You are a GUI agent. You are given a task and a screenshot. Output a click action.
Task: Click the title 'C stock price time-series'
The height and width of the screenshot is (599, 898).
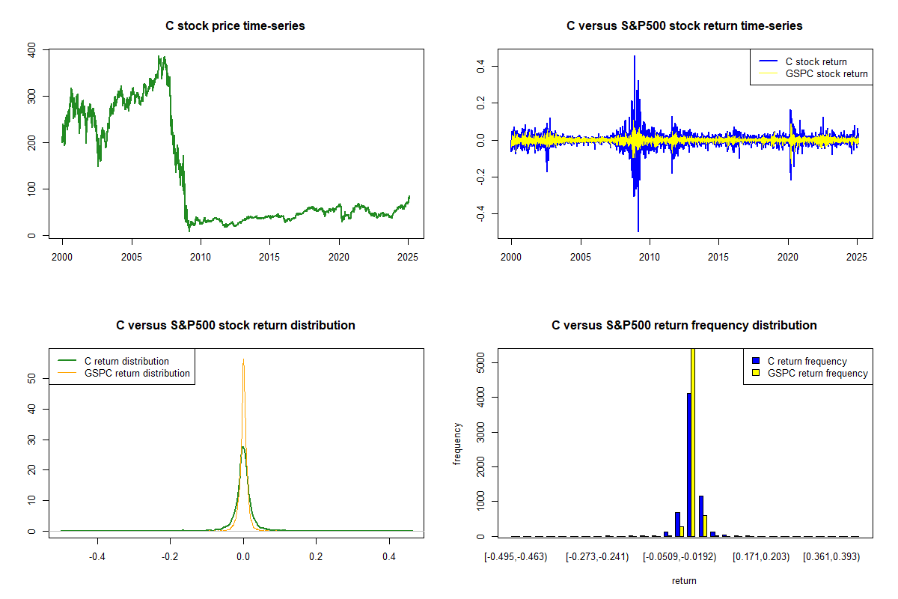pos(235,26)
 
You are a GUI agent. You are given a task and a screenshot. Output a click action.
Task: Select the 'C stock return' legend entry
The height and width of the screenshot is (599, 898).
pos(815,61)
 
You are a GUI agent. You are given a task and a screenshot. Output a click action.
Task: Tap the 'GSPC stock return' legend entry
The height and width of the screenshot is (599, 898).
pos(826,73)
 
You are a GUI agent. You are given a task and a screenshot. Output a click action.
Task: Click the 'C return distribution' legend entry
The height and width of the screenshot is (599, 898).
pos(126,361)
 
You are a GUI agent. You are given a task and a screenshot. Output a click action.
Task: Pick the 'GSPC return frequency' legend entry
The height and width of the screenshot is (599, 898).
pos(817,373)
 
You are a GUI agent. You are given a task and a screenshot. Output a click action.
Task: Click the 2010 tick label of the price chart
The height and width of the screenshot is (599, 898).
pos(201,255)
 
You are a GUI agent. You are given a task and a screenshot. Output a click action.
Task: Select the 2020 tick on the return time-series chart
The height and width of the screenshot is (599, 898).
pos(788,255)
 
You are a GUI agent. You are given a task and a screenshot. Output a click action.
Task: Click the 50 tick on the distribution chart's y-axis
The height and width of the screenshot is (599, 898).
pos(31,379)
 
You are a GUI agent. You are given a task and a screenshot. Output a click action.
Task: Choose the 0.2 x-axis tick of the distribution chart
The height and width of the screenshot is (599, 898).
pos(316,556)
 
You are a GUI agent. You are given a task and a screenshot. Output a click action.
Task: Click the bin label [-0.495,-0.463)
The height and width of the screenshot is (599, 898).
pos(516,556)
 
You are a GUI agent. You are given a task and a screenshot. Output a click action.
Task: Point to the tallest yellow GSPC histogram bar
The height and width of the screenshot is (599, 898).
pos(693,442)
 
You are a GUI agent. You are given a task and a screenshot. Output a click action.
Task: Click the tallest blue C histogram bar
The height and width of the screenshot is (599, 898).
pos(688,464)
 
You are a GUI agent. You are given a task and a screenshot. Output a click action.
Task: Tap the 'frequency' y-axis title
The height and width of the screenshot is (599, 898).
pos(457,443)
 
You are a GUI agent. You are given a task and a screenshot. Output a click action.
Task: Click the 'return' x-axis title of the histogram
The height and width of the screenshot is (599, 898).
pos(684,580)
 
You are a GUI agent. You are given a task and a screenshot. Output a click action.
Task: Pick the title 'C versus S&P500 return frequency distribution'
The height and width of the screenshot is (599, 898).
pos(684,326)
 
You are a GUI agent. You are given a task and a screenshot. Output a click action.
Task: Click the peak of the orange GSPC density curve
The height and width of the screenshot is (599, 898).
pos(243,362)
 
